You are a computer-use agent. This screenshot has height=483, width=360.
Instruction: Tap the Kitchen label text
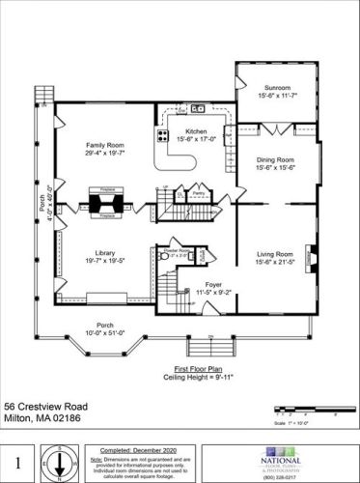tap(197, 130)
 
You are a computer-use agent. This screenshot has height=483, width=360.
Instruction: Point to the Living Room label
tap(274, 254)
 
